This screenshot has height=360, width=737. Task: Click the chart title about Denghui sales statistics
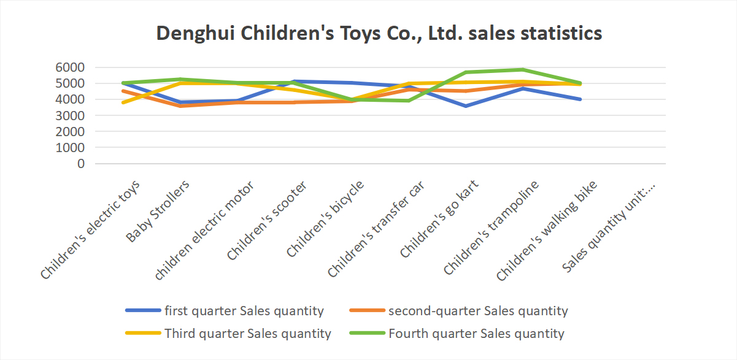click(x=379, y=33)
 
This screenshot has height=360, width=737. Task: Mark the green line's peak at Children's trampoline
click(x=523, y=69)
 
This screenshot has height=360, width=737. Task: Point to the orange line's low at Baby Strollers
click(x=179, y=106)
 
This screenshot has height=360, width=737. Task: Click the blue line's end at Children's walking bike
click(x=580, y=99)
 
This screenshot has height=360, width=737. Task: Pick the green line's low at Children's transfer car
click(x=408, y=101)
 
